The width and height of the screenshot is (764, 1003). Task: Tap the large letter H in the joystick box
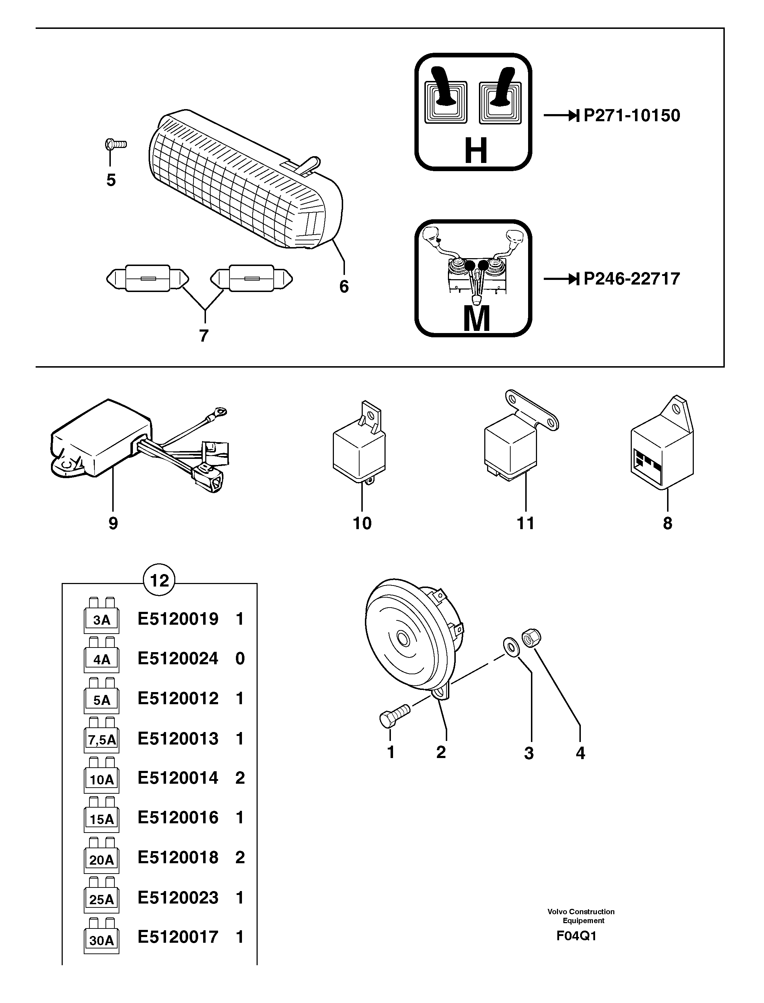[x=476, y=151]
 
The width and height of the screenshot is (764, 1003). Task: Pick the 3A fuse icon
[x=102, y=616]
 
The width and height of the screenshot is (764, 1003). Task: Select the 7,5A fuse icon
[x=102, y=736]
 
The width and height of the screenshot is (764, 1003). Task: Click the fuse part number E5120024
[x=178, y=659]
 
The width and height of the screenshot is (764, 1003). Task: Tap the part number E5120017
[x=178, y=937]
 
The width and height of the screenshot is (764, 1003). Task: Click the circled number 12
[x=159, y=580]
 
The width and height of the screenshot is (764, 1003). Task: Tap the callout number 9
[x=113, y=523]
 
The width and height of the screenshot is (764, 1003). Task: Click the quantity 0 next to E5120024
[x=240, y=659]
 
